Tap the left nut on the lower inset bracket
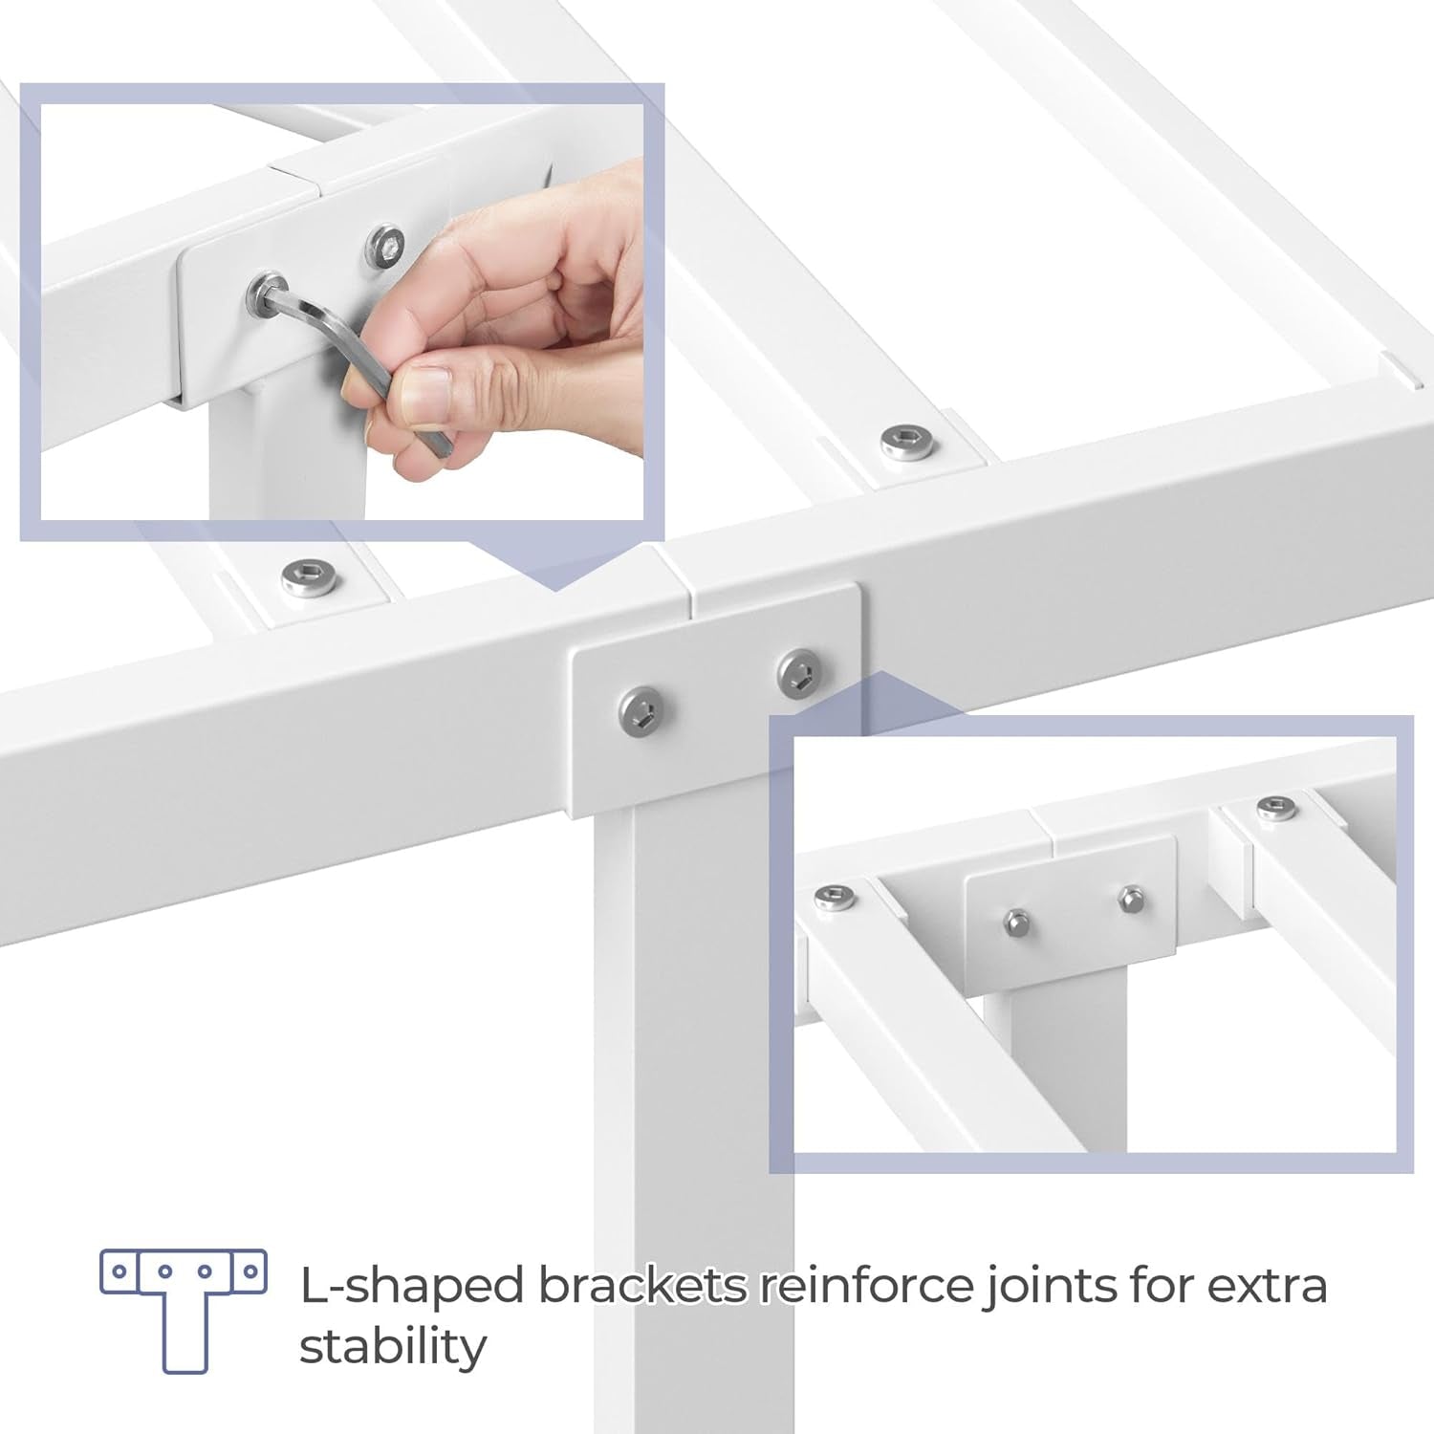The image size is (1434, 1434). (x=1017, y=922)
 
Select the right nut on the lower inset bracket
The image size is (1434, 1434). (x=1130, y=899)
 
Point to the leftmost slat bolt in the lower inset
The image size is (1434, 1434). (x=835, y=896)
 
